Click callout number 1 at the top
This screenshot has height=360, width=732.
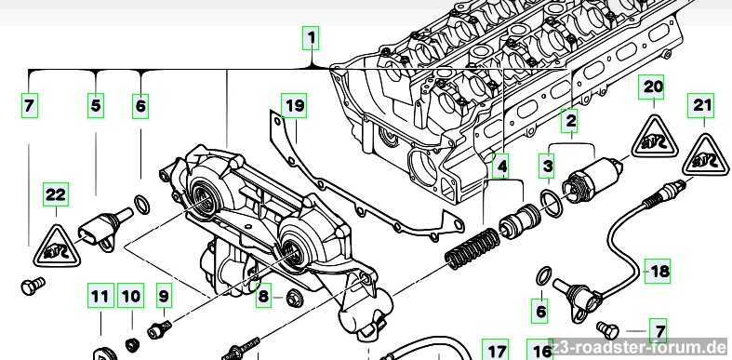tap(312, 38)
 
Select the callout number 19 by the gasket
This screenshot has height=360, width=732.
tap(294, 105)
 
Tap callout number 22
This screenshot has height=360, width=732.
tap(56, 194)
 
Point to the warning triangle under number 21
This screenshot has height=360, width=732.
tap(704, 156)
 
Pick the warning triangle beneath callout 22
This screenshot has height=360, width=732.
tap(57, 247)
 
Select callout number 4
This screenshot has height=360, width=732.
tap(502, 167)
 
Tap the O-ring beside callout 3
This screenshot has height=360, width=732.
tap(552, 202)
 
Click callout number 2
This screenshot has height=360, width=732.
tap(571, 122)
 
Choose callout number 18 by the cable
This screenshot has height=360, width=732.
tap(658, 271)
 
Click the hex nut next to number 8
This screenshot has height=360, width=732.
tap(293, 297)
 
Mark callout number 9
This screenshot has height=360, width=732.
tap(164, 295)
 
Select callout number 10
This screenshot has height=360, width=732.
tap(131, 296)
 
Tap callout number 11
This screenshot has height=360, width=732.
tap(100, 296)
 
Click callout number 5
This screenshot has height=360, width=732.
tap(95, 106)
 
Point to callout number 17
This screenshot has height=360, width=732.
tap(497, 349)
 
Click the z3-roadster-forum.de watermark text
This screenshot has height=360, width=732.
tap(640, 348)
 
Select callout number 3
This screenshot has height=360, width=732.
tap(548, 167)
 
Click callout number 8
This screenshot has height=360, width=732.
tap(264, 296)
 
